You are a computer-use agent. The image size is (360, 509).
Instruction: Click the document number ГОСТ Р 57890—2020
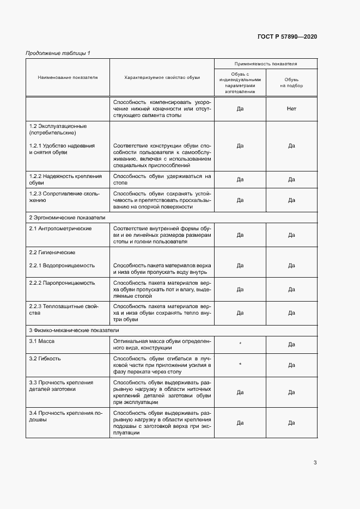(287, 36)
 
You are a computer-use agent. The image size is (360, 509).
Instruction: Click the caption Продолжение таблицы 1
(58, 53)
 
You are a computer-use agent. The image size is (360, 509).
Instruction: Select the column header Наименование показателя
(68, 77)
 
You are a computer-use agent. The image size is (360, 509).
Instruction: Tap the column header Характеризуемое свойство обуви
(162, 77)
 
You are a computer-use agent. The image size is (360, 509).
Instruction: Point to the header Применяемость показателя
(265, 64)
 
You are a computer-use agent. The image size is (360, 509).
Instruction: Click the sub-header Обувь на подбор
(291, 82)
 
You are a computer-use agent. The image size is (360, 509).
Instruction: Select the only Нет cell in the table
(291, 109)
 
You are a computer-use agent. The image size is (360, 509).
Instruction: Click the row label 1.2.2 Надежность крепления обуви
(65, 180)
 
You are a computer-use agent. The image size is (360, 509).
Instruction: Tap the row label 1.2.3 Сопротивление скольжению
(65, 197)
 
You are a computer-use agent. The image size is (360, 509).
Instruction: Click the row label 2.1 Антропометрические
(60, 228)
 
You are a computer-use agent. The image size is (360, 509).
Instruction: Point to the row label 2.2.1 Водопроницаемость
(62, 266)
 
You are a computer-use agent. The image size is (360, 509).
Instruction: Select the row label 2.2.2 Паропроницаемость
(62, 283)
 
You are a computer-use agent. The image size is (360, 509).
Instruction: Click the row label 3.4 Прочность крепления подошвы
(65, 417)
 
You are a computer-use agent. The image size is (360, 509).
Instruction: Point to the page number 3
(315, 463)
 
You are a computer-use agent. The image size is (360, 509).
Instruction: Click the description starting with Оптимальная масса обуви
(162, 344)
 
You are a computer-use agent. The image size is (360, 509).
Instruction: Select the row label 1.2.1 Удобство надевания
(62, 149)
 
